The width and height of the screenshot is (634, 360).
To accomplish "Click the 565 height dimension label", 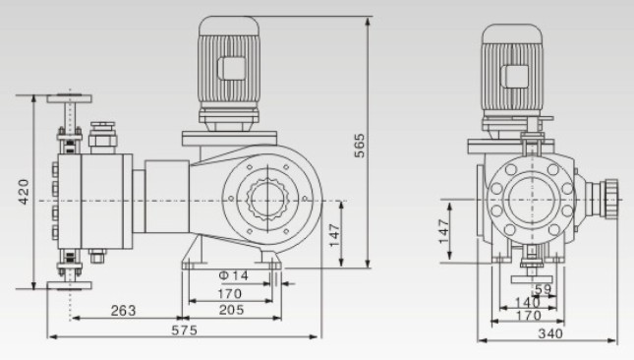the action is coord(359,146).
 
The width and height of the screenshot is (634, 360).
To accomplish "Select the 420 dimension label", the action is coord(24,192).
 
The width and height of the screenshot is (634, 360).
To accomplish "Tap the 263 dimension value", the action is coord(123,311).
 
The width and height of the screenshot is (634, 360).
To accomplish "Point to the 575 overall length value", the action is coord(185,330).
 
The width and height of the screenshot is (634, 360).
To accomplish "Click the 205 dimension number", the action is coord(232,310).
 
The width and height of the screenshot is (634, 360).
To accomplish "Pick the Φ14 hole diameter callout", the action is coord(234,275).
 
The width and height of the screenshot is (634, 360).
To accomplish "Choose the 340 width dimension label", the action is coord(550,333).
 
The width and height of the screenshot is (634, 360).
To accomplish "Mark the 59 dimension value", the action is coord(543,289).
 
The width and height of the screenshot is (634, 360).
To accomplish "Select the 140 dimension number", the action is coord(528,302).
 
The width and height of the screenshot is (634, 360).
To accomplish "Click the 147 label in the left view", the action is coord(334,235).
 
